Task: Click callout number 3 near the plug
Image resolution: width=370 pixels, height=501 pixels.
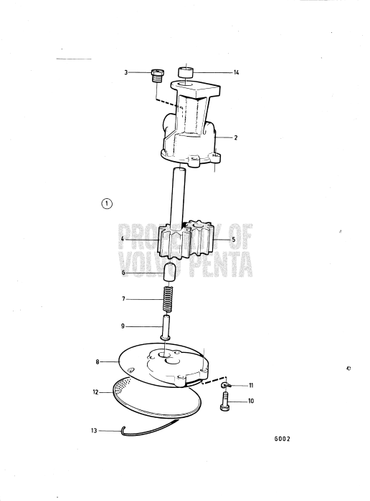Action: click(x=125, y=72)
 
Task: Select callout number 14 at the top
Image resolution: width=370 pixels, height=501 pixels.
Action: click(x=236, y=72)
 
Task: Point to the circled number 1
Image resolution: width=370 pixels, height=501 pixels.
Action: click(x=107, y=203)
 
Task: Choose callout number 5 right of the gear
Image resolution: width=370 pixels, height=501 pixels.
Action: click(x=233, y=239)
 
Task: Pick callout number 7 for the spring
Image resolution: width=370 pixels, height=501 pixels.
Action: click(x=124, y=298)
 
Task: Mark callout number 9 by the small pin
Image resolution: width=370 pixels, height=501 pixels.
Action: click(x=124, y=326)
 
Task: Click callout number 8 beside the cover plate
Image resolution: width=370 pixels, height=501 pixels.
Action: click(x=98, y=362)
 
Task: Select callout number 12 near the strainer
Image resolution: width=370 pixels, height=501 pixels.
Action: click(x=95, y=391)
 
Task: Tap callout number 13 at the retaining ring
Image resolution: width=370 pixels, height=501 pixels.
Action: click(x=94, y=430)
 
